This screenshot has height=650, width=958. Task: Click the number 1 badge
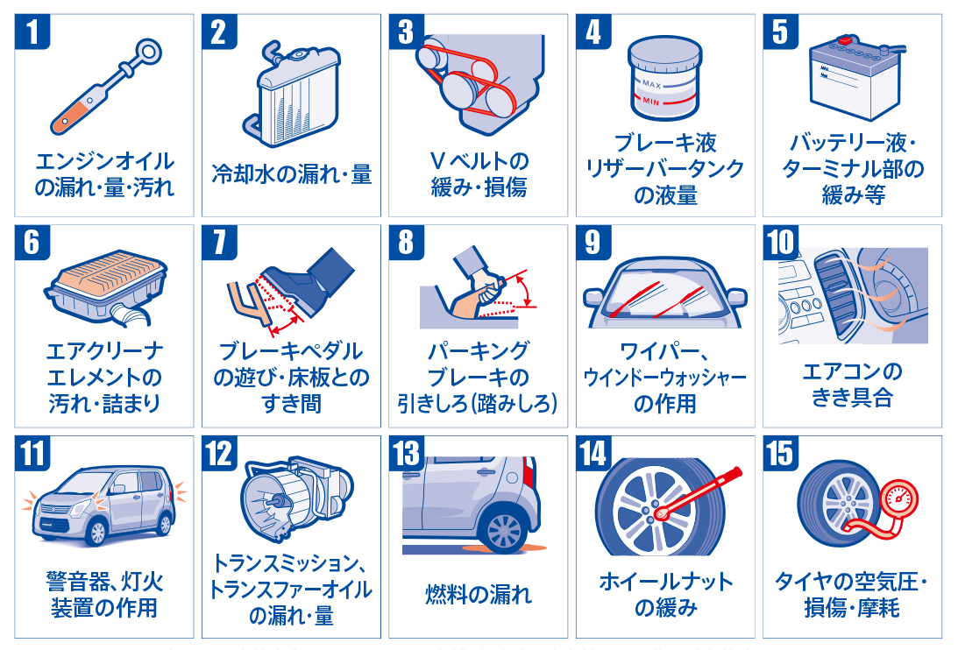coord(32,32)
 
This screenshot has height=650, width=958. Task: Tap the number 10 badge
coord(781,243)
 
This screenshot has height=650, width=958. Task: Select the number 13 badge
coord(407,453)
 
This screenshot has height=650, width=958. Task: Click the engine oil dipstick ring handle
coord(148,51)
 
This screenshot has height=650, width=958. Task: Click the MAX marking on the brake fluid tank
coord(651,84)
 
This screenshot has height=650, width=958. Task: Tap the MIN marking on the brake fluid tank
coord(650,102)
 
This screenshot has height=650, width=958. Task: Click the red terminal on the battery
coord(845,39)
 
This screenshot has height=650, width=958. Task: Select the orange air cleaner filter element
coord(109,270)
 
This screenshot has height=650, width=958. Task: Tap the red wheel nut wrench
coord(699,494)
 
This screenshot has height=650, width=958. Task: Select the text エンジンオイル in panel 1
coord(104,161)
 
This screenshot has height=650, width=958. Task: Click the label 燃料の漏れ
coord(479,594)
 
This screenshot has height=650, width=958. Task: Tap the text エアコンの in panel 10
coord(852,371)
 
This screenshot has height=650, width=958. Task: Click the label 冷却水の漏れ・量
coord(292,174)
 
